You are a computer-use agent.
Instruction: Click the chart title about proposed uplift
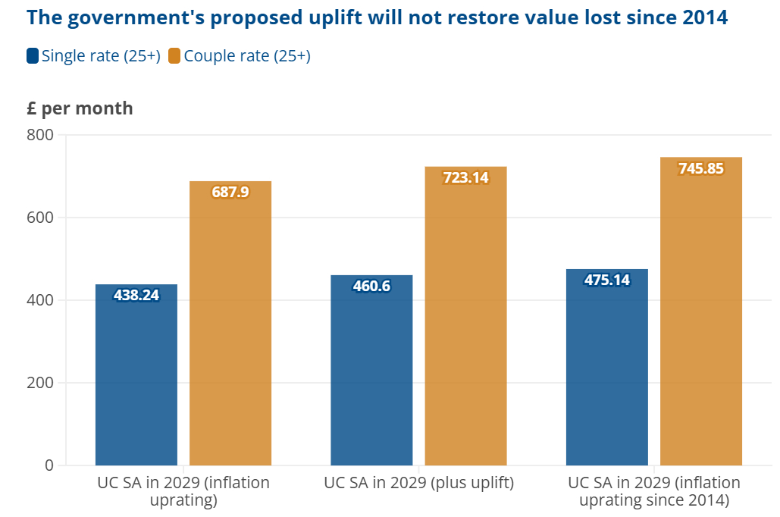[377, 18]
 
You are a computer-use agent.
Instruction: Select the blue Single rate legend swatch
[33, 56]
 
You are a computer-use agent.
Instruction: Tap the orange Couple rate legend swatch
[174, 56]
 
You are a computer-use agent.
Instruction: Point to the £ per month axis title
[80, 108]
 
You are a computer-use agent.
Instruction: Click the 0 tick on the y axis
[49, 465]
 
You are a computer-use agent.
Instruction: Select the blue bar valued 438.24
[136, 379]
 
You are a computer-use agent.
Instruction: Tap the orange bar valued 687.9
[230, 326]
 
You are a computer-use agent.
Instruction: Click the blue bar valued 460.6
[371, 371]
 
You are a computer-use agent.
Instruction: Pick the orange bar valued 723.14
[465, 318]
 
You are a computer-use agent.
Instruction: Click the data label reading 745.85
[701, 169]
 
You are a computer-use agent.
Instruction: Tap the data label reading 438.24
[136, 296]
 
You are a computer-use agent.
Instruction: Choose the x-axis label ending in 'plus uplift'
[418, 483]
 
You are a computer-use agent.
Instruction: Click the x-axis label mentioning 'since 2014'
[654, 491]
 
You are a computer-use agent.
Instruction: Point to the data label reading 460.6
[371, 287]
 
